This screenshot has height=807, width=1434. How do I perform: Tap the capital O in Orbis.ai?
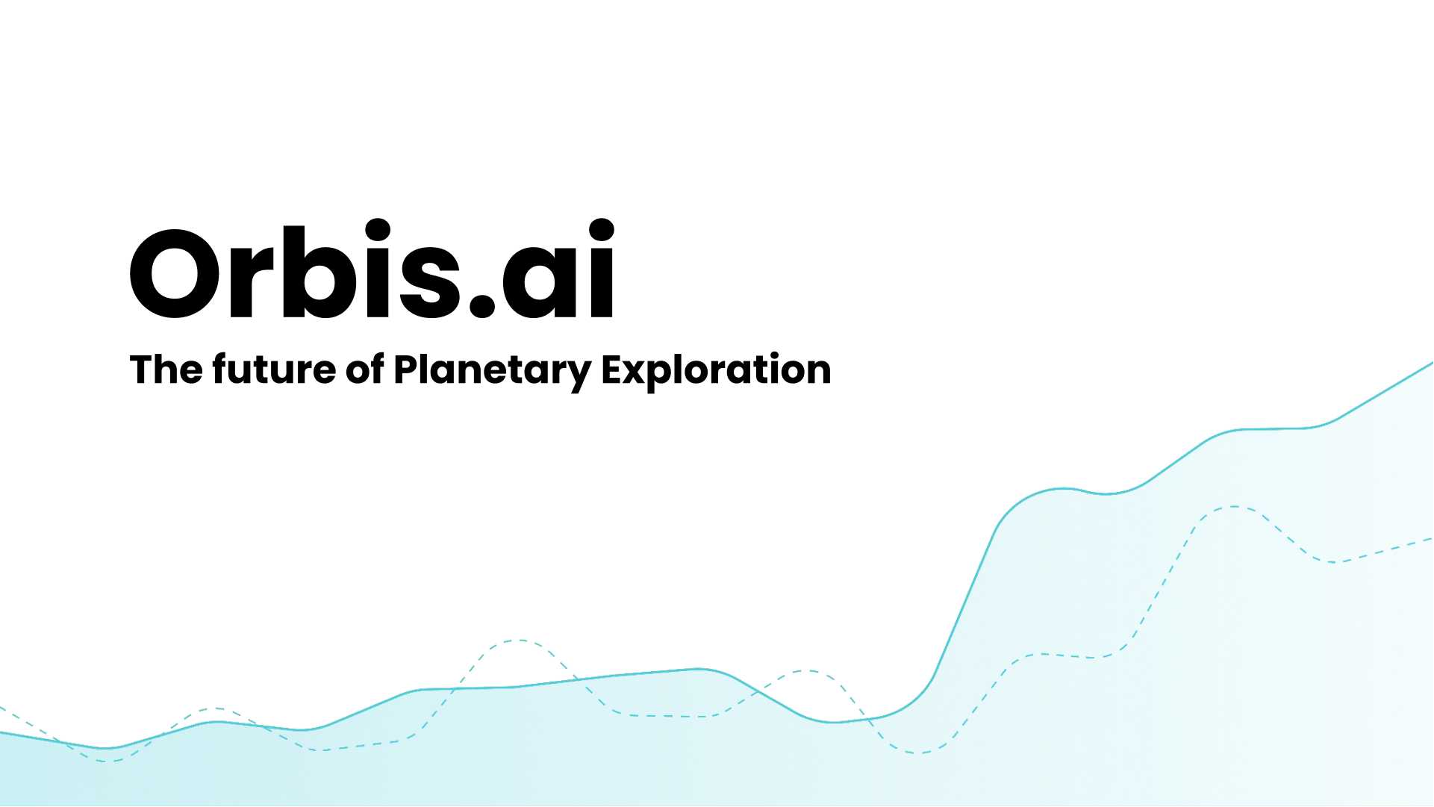coord(175,273)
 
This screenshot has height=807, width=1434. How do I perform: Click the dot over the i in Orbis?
coord(378,230)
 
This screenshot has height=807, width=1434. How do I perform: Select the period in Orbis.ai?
coord(482,305)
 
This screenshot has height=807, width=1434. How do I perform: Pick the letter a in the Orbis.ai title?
coord(540,281)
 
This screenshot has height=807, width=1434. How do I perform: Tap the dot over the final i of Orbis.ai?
coord(602,230)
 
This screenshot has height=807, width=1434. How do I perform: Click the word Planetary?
coord(493,371)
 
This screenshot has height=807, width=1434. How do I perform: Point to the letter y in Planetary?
coord(578,377)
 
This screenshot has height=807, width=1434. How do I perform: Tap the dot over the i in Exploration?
coord(775,355)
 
